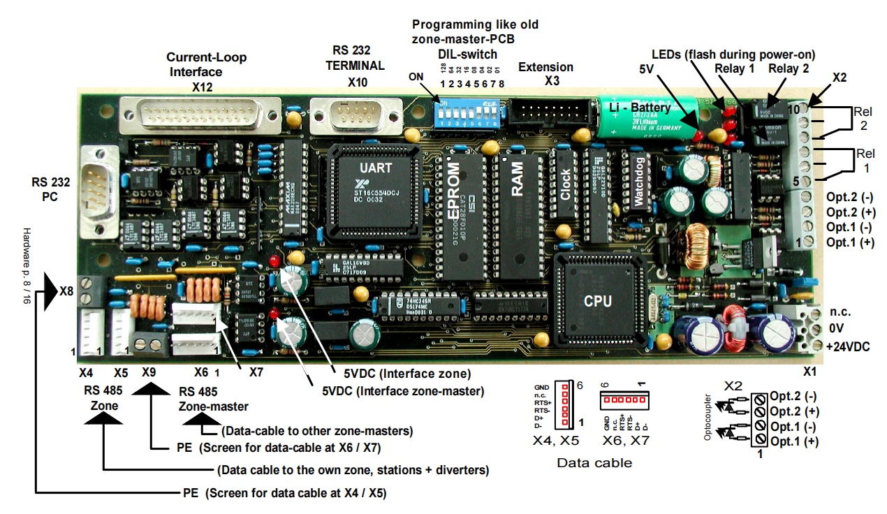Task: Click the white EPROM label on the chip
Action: click(454, 191)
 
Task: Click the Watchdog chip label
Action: click(638, 185)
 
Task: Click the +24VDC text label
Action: click(847, 346)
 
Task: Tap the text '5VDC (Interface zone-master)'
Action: click(403, 391)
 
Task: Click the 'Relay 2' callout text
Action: click(789, 68)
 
